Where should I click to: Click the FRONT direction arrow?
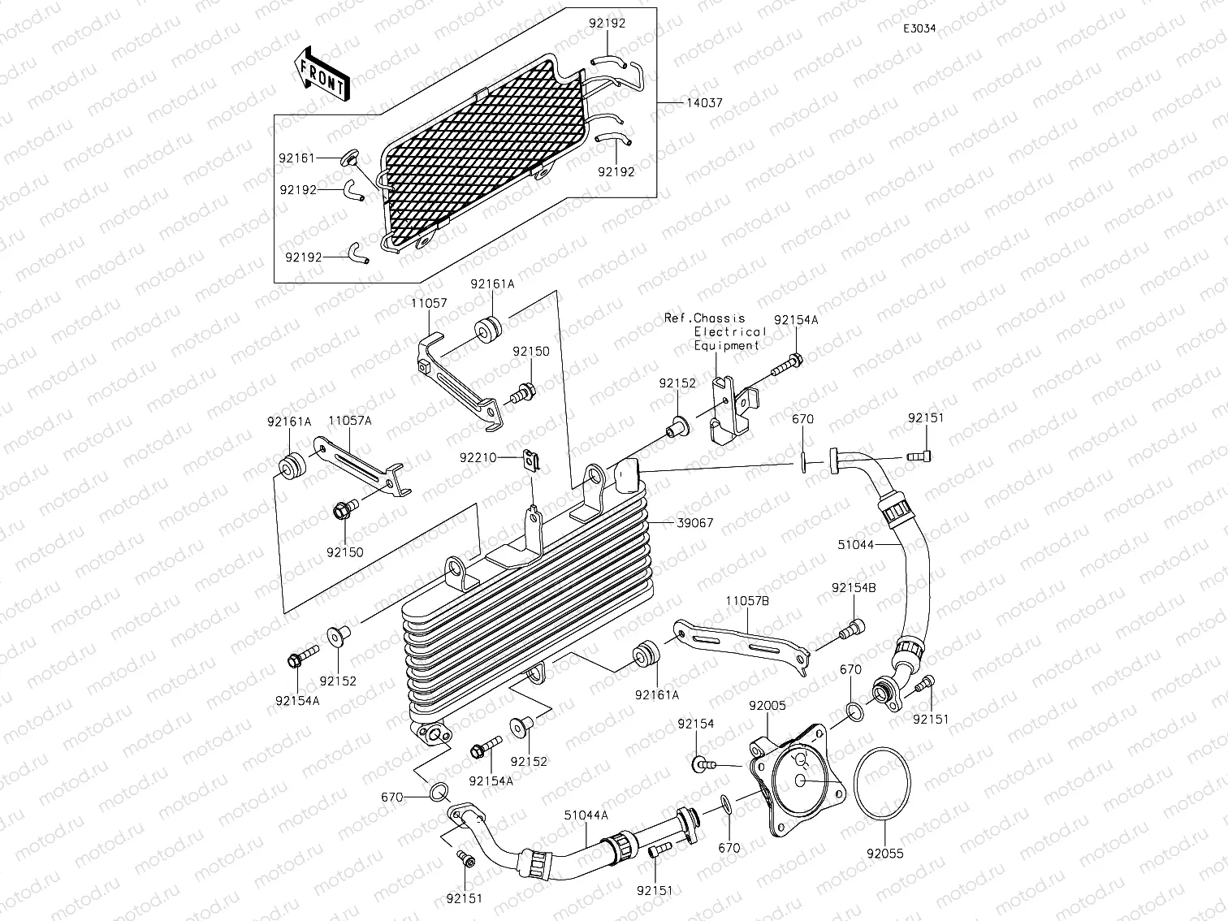point(322,74)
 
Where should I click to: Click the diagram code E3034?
point(919,28)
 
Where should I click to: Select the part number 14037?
point(703,103)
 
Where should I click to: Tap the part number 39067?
point(694,523)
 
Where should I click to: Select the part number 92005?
point(767,706)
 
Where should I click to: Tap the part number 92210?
point(479,457)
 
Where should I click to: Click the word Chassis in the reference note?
point(720,318)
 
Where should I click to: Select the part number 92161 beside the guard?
point(298,158)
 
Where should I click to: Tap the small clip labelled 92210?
point(534,462)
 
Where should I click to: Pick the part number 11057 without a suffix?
point(429,302)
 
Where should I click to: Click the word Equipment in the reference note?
point(726,345)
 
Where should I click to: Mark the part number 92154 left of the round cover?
point(695,724)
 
